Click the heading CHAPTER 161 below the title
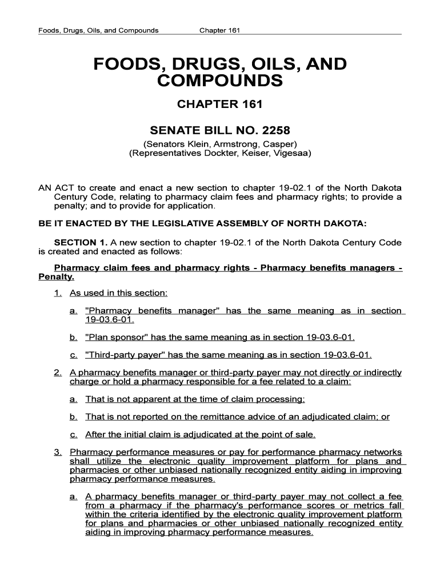220,105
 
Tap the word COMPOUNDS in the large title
220,81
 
